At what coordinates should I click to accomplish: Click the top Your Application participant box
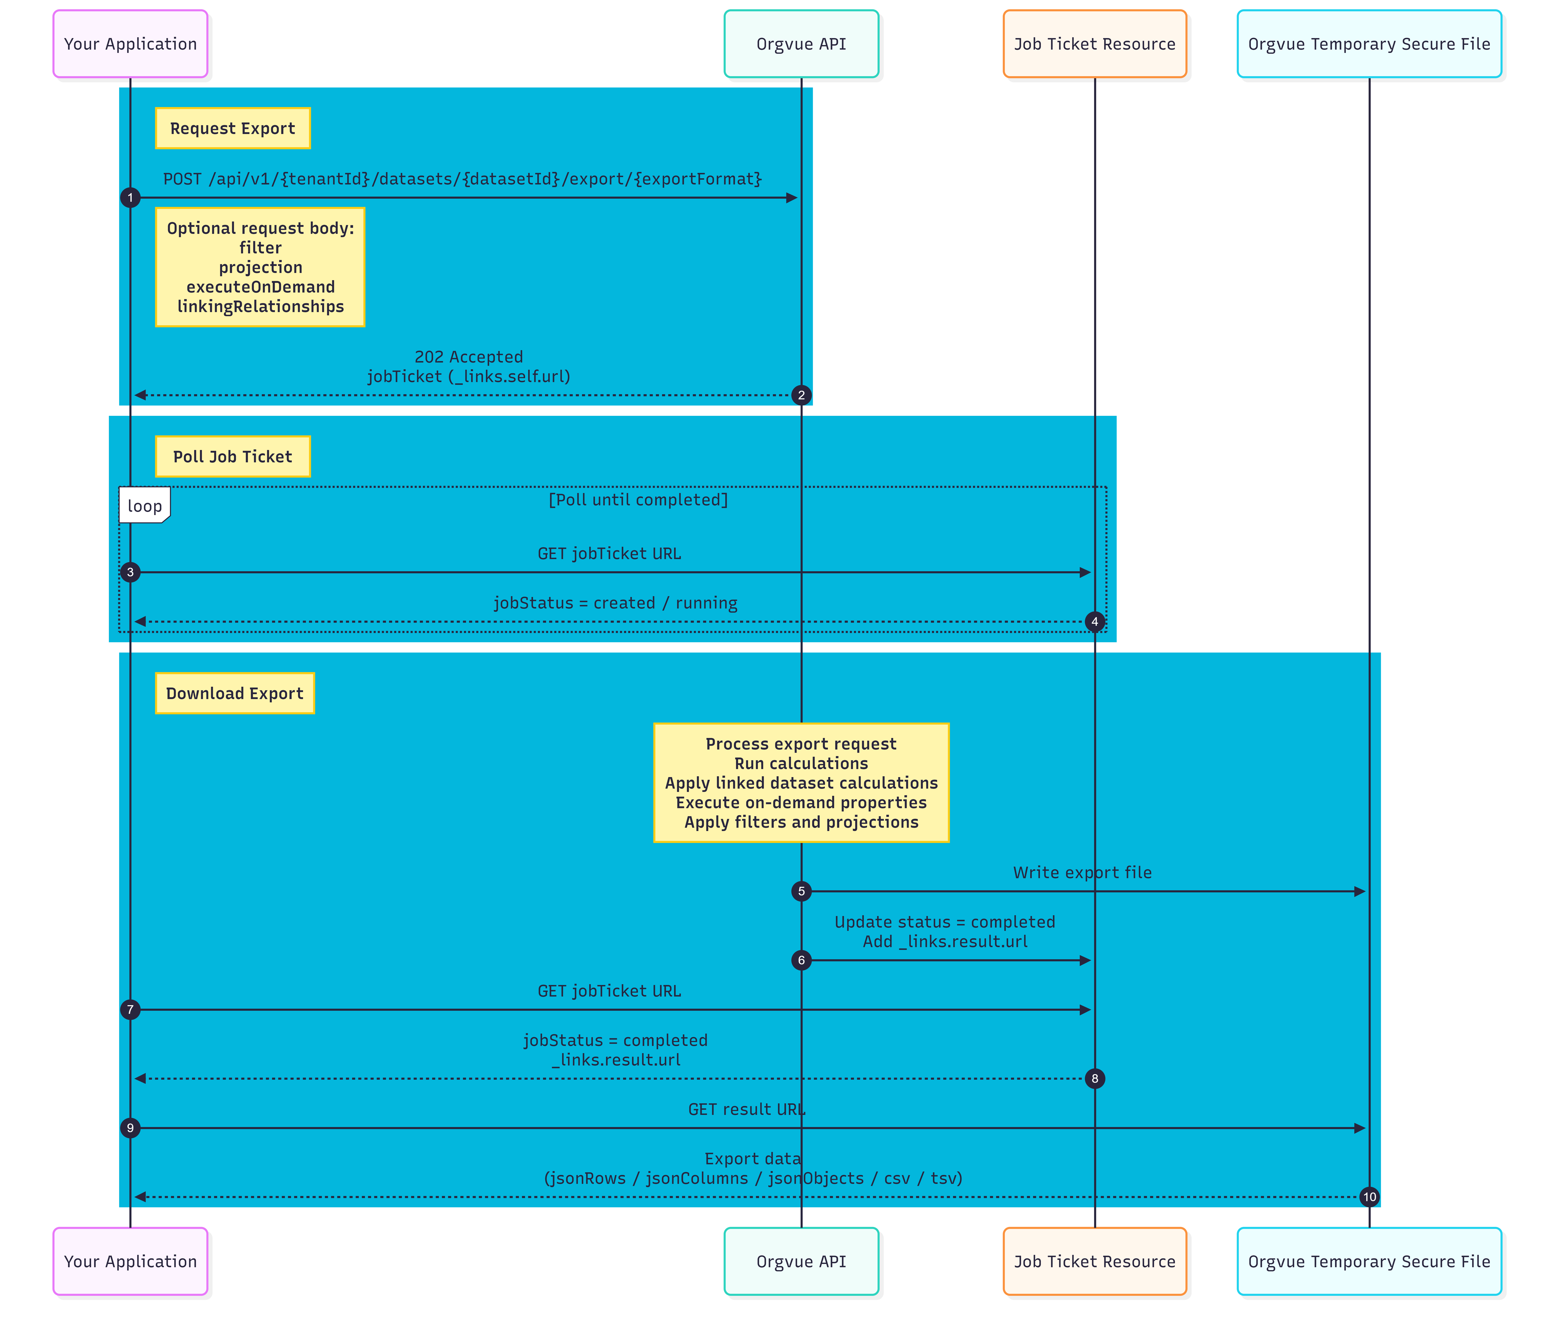pos(130,44)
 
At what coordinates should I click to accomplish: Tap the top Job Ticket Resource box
pos(1095,44)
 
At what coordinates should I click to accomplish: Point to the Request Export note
pos(233,128)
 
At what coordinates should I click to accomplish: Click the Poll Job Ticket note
pos(233,456)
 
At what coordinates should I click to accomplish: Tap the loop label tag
pos(144,505)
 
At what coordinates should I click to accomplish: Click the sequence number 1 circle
pos(130,198)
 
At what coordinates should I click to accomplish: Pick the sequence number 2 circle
pos(801,395)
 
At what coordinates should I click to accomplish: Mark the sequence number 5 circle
pos(801,891)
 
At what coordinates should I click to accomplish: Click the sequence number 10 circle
pos(1370,1197)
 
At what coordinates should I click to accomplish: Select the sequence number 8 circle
pos(1095,1079)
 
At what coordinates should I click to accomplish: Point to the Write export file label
pos(1082,872)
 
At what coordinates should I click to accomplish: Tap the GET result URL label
pos(747,1110)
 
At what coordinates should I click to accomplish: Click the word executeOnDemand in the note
pos(260,287)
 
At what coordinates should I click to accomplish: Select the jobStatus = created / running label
pos(615,603)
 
